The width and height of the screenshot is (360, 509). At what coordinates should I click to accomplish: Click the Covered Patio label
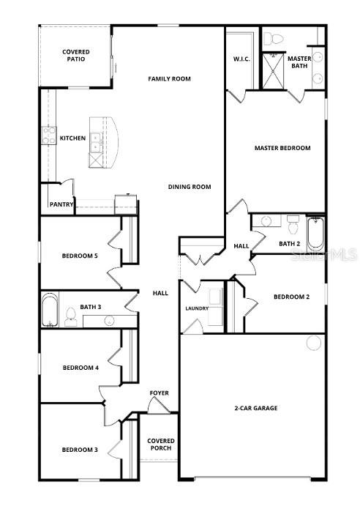pyautogui.click(x=76, y=55)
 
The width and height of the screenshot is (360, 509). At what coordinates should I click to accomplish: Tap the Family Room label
pyautogui.click(x=169, y=78)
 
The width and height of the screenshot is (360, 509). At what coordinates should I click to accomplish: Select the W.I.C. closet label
pyautogui.click(x=242, y=59)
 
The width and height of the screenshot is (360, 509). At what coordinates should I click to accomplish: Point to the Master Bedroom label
pyautogui.click(x=282, y=148)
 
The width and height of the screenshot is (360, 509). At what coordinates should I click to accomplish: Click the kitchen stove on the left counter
pyautogui.click(x=49, y=135)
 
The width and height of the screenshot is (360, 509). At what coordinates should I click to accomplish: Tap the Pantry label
pyautogui.click(x=61, y=204)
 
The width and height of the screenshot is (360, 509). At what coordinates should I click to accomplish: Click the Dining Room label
pyautogui.click(x=189, y=187)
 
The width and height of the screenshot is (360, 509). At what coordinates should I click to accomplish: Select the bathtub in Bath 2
pyautogui.click(x=315, y=232)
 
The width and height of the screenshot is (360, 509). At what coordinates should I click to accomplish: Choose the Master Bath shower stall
pyautogui.click(x=274, y=71)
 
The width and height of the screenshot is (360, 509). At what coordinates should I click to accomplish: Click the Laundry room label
pyautogui.click(x=197, y=308)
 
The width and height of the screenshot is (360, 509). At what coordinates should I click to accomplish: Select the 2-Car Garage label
pyautogui.click(x=255, y=408)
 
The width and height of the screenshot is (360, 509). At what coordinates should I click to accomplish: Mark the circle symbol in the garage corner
pyautogui.click(x=315, y=343)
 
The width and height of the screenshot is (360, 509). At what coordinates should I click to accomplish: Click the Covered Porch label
pyautogui.click(x=161, y=445)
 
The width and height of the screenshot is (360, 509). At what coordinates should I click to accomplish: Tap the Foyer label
pyautogui.click(x=160, y=393)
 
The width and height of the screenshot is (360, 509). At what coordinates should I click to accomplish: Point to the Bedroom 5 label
pyautogui.click(x=80, y=256)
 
